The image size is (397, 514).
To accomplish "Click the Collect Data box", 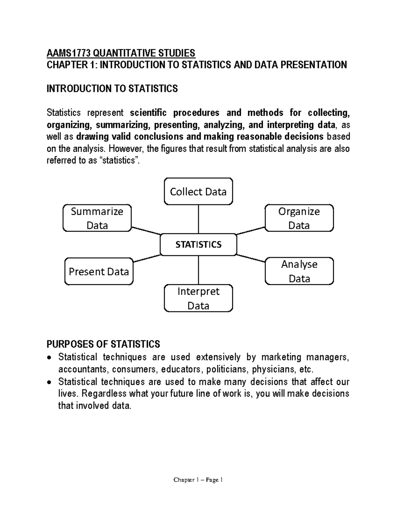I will (x=198, y=192).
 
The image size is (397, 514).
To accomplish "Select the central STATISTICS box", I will (x=198, y=245).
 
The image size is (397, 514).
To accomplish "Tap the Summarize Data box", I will (x=97, y=218).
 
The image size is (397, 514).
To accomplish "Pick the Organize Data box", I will (x=299, y=218).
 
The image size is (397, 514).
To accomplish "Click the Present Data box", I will (x=99, y=272).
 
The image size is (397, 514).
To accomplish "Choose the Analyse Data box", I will (x=299, y=271).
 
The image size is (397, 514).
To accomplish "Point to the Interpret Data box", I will (x=198, y=298).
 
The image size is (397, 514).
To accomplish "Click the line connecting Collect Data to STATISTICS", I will (x=198, y=219).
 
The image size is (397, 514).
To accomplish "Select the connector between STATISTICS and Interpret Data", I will (x=198, y=270).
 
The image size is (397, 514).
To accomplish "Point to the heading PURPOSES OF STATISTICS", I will (x=103, y=344).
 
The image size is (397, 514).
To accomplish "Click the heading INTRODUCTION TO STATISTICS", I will (x=112, y=89).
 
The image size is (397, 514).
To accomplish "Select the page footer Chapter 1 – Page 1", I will (x=198, y=480).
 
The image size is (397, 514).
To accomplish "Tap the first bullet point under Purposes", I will (x=49, y=358).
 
